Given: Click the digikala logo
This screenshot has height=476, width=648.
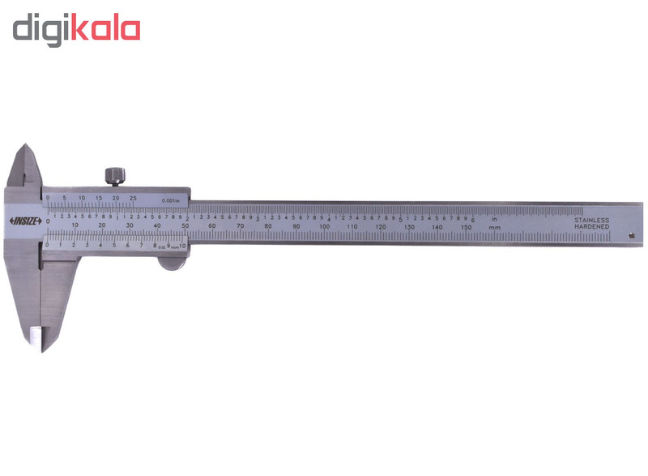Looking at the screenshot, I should pos(76,29).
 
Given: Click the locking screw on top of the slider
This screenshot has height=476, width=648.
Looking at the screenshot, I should pos(115,176).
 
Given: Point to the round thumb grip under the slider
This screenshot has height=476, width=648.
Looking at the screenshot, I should pos(171,260).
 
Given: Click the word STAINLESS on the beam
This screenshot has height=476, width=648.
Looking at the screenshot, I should pos(591,219).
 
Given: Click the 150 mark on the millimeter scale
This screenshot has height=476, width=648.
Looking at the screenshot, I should pos(465,227).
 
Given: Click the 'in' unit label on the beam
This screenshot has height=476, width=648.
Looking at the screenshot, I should pos(493,218).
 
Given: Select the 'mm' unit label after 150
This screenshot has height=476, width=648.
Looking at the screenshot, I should pos(494,228).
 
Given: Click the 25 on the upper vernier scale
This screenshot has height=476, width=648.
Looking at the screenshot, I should pos(133,198).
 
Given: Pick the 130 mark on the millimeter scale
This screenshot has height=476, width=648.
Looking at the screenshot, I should pos(409,227).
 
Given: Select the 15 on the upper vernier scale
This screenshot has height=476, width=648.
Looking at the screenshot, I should pos(99,198).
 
